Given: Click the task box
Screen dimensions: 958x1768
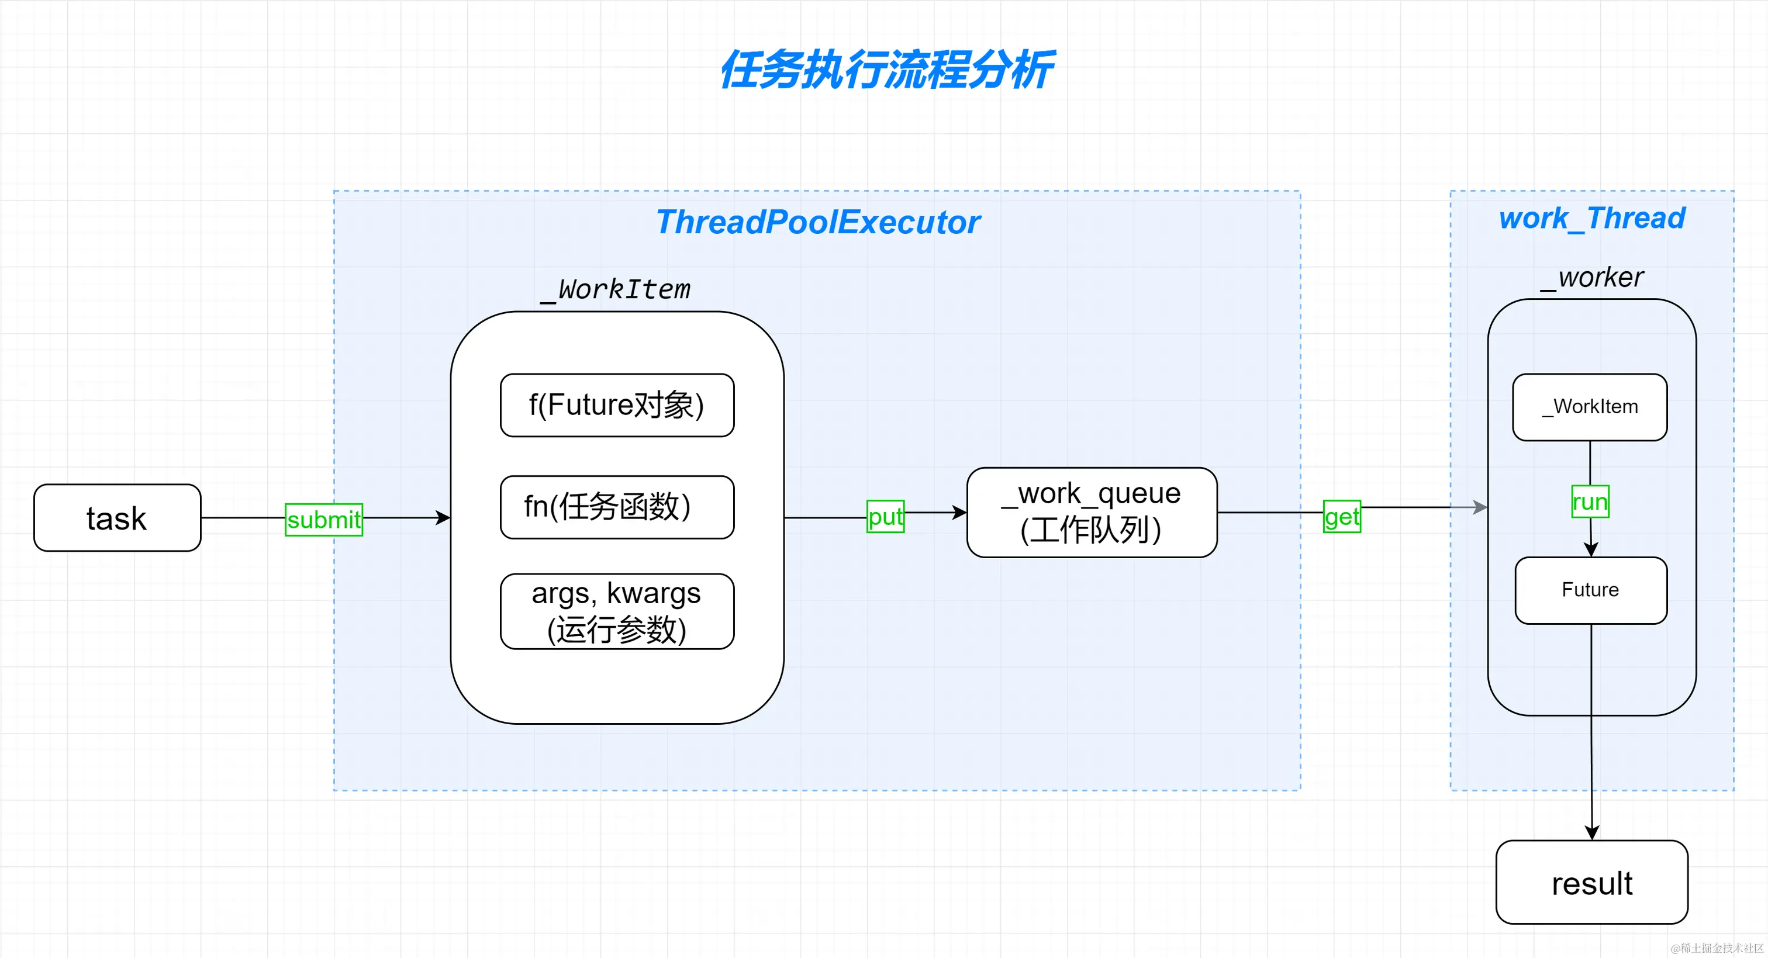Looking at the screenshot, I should (117, 518).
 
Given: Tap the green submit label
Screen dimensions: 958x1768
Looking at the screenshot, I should (323, 520).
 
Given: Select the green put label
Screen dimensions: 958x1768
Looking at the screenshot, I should (885, 517).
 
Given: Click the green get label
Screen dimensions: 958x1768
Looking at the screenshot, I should (1341, 517).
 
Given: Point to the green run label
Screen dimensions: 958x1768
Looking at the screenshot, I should (1590, 502).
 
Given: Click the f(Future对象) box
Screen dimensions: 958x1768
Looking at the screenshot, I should (616, 405).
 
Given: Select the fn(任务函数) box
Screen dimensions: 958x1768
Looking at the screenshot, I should (616, 507).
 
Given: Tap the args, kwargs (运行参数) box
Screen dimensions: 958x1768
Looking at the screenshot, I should (616, 611).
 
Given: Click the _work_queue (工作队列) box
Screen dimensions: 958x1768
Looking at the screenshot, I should (1092, 512).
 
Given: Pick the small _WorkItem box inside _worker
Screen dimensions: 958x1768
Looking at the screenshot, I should (1590, 407).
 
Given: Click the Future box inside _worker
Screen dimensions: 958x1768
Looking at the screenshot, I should (1590, 590).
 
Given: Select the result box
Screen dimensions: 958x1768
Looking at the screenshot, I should (1591, 883).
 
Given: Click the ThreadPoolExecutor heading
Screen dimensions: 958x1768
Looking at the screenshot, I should (817, 222).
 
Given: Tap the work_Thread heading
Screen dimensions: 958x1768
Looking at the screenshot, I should (1591, 218).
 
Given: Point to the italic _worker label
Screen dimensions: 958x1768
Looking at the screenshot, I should (1591, 277).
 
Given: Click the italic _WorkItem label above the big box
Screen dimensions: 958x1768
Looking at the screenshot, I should (616, 289).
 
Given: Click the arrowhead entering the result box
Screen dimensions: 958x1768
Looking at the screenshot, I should (1591, 832).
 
